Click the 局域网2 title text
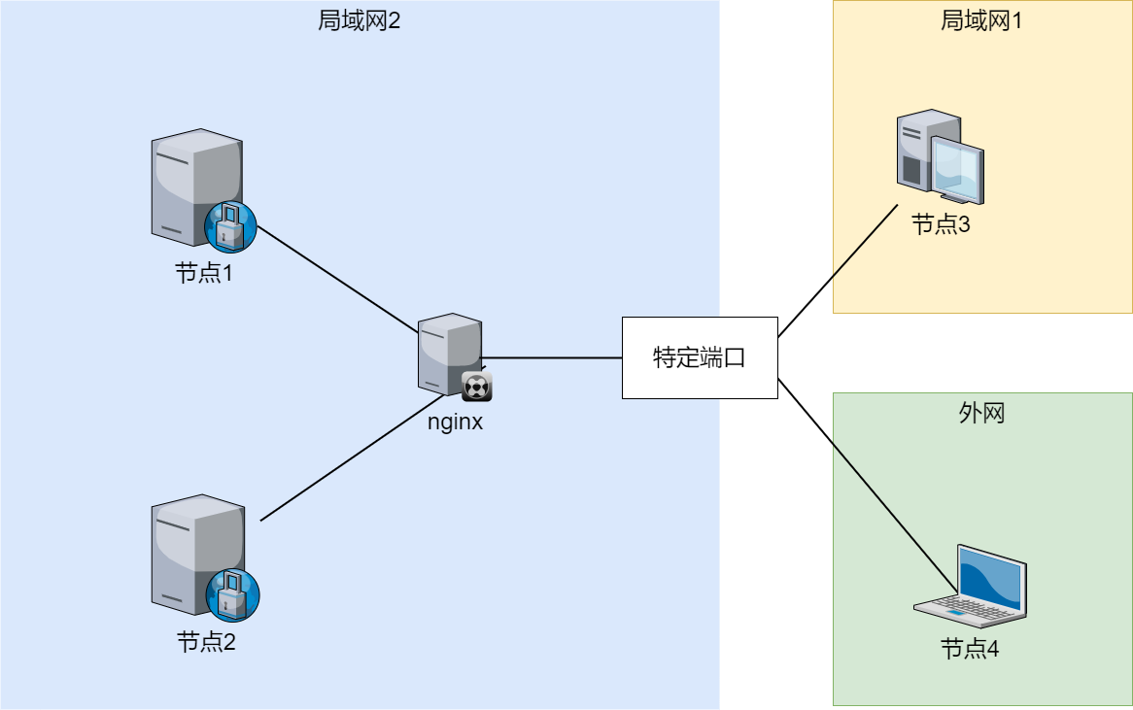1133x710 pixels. click(359, 20)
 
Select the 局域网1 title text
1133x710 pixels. click(981, 20)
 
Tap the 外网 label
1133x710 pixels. click(981, 414)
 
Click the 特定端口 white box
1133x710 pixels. click(700, 357)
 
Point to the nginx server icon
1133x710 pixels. click(450, 355)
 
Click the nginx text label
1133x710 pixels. click(455, 423)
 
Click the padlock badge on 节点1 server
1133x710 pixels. click(230, 226)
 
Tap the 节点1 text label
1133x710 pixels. click(204, 274)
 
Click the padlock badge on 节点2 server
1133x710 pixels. click(233, 593)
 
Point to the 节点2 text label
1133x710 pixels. click(206, 642)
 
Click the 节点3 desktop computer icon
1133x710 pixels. click(939, 157)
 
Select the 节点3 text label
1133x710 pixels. click(941, 225)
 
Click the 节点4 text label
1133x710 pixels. click(970, 649)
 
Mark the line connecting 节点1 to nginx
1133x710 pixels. click(335, 278)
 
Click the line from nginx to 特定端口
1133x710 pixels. click(552, 357)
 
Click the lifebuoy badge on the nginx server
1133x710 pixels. click(476, 386)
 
